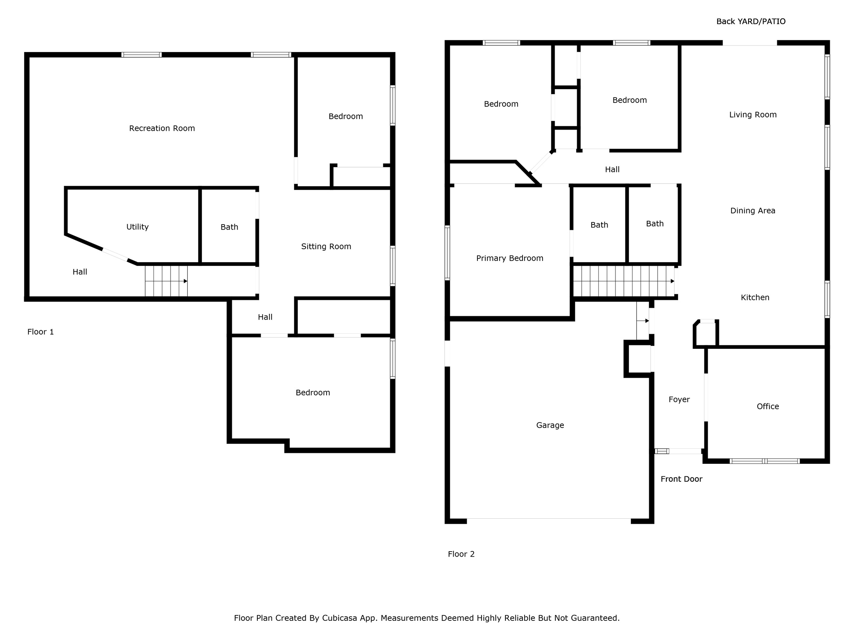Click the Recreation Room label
point(162,128)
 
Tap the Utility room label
point(137,227)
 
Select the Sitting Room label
point(326,247)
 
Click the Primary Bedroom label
point(510,258)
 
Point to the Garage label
point(550,425)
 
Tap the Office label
point(768,406)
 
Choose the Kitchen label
point(755,297)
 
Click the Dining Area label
point(753,211)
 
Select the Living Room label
point(753,115)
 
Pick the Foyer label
point(679,400)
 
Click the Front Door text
point(681,479)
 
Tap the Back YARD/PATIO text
point(751,22)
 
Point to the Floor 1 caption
point(40,332)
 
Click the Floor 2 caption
point(461,554)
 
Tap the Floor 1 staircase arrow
point(166,281)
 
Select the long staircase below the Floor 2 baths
point(624,281)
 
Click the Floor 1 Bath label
point(229,227)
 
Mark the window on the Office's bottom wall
point(765,461)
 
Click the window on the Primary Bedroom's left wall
point(447,252)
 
